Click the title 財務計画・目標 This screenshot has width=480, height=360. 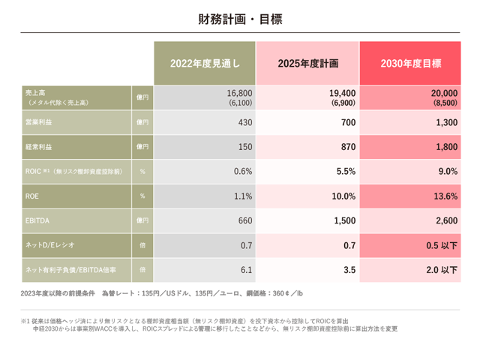pos(240,18)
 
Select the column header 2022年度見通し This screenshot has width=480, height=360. pos(205,64)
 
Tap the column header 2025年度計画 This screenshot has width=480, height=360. pos(307,64)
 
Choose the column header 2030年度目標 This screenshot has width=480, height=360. pos(411,64)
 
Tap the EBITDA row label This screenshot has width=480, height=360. pos(38,220)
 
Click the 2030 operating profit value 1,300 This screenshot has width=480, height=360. pos(445,122)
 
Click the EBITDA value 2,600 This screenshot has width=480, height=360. pos(445,220)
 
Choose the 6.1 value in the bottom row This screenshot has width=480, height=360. pos(244,268)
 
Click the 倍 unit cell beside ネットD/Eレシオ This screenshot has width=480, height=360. pos(142,244)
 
